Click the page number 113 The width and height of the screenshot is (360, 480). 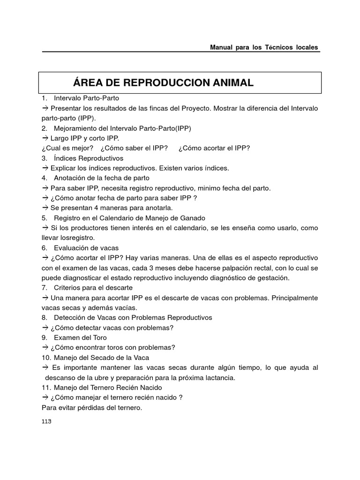click(x=46, y=421)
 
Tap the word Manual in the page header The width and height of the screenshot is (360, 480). click(x=222, y=47)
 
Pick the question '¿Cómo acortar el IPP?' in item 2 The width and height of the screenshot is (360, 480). click(x=214, y=148)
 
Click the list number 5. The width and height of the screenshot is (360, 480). click(x=44, y=218)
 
